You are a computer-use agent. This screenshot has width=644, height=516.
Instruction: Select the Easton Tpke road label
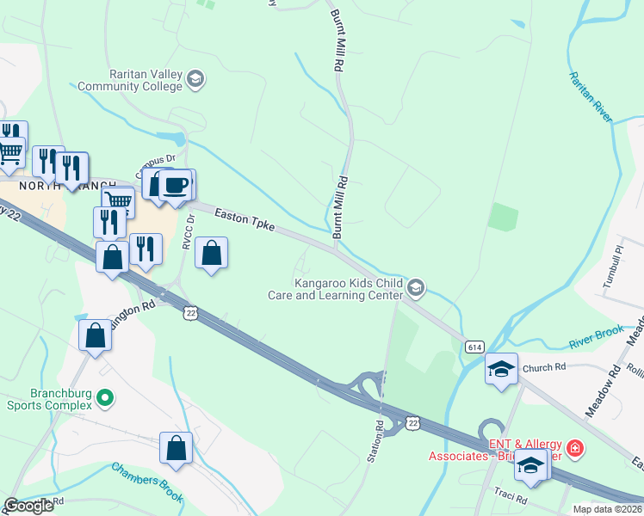coord(245,219)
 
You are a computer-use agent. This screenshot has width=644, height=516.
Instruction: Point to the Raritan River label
coord(591,96)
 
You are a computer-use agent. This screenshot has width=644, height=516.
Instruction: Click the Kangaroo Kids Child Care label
coord(350,288)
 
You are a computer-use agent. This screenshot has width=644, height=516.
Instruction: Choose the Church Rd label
coord(543,367)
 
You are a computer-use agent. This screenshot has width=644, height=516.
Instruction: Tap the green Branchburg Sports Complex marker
coord(105,398)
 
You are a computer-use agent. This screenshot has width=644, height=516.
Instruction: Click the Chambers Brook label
coord(146,482)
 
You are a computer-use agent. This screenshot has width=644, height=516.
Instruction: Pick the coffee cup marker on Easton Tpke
coord(176,185)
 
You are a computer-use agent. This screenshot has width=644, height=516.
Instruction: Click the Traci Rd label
coord(510,497)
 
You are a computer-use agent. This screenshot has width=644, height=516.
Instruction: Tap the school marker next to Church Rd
coord(501,370)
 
